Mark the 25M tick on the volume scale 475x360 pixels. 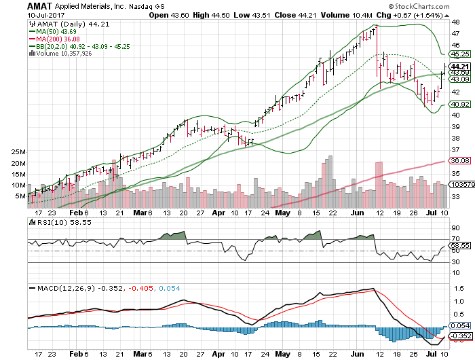coord(18,151)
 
